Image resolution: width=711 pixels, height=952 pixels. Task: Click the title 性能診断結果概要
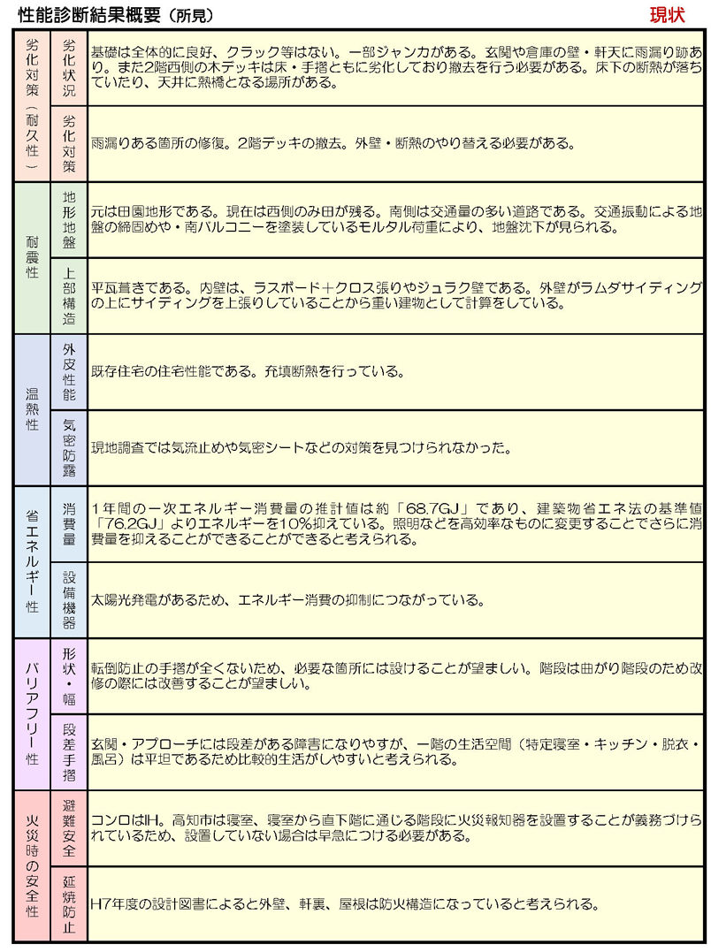click(88, 16)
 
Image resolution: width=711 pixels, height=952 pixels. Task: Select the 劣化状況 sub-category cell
click(69, 68)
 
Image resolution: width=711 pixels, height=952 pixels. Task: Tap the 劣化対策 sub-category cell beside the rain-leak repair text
click(69, 143)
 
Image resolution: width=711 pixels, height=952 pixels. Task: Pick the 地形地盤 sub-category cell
click(69, 219)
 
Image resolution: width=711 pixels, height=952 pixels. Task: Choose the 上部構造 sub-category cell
click(69, 295)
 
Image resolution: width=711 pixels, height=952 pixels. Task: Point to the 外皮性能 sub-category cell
click(69, 371)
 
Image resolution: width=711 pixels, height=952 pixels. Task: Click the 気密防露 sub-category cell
click(69, 447)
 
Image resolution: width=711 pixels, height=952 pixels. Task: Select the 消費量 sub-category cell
click(69, 523)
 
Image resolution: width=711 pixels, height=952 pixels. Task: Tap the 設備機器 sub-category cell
click(69, 599)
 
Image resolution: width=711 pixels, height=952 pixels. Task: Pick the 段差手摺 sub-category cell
click(69, 751)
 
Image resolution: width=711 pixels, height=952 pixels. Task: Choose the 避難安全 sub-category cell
click(69, 827)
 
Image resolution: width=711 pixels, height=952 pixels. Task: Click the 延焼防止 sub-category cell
click(69, 903)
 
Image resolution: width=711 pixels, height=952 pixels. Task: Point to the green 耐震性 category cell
click(32, 257)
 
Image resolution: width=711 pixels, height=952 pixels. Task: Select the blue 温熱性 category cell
click(32, 409)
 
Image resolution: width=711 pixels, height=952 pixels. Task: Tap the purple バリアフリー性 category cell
click(32, 713)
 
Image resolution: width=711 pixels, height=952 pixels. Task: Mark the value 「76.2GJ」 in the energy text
click(121, 523)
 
